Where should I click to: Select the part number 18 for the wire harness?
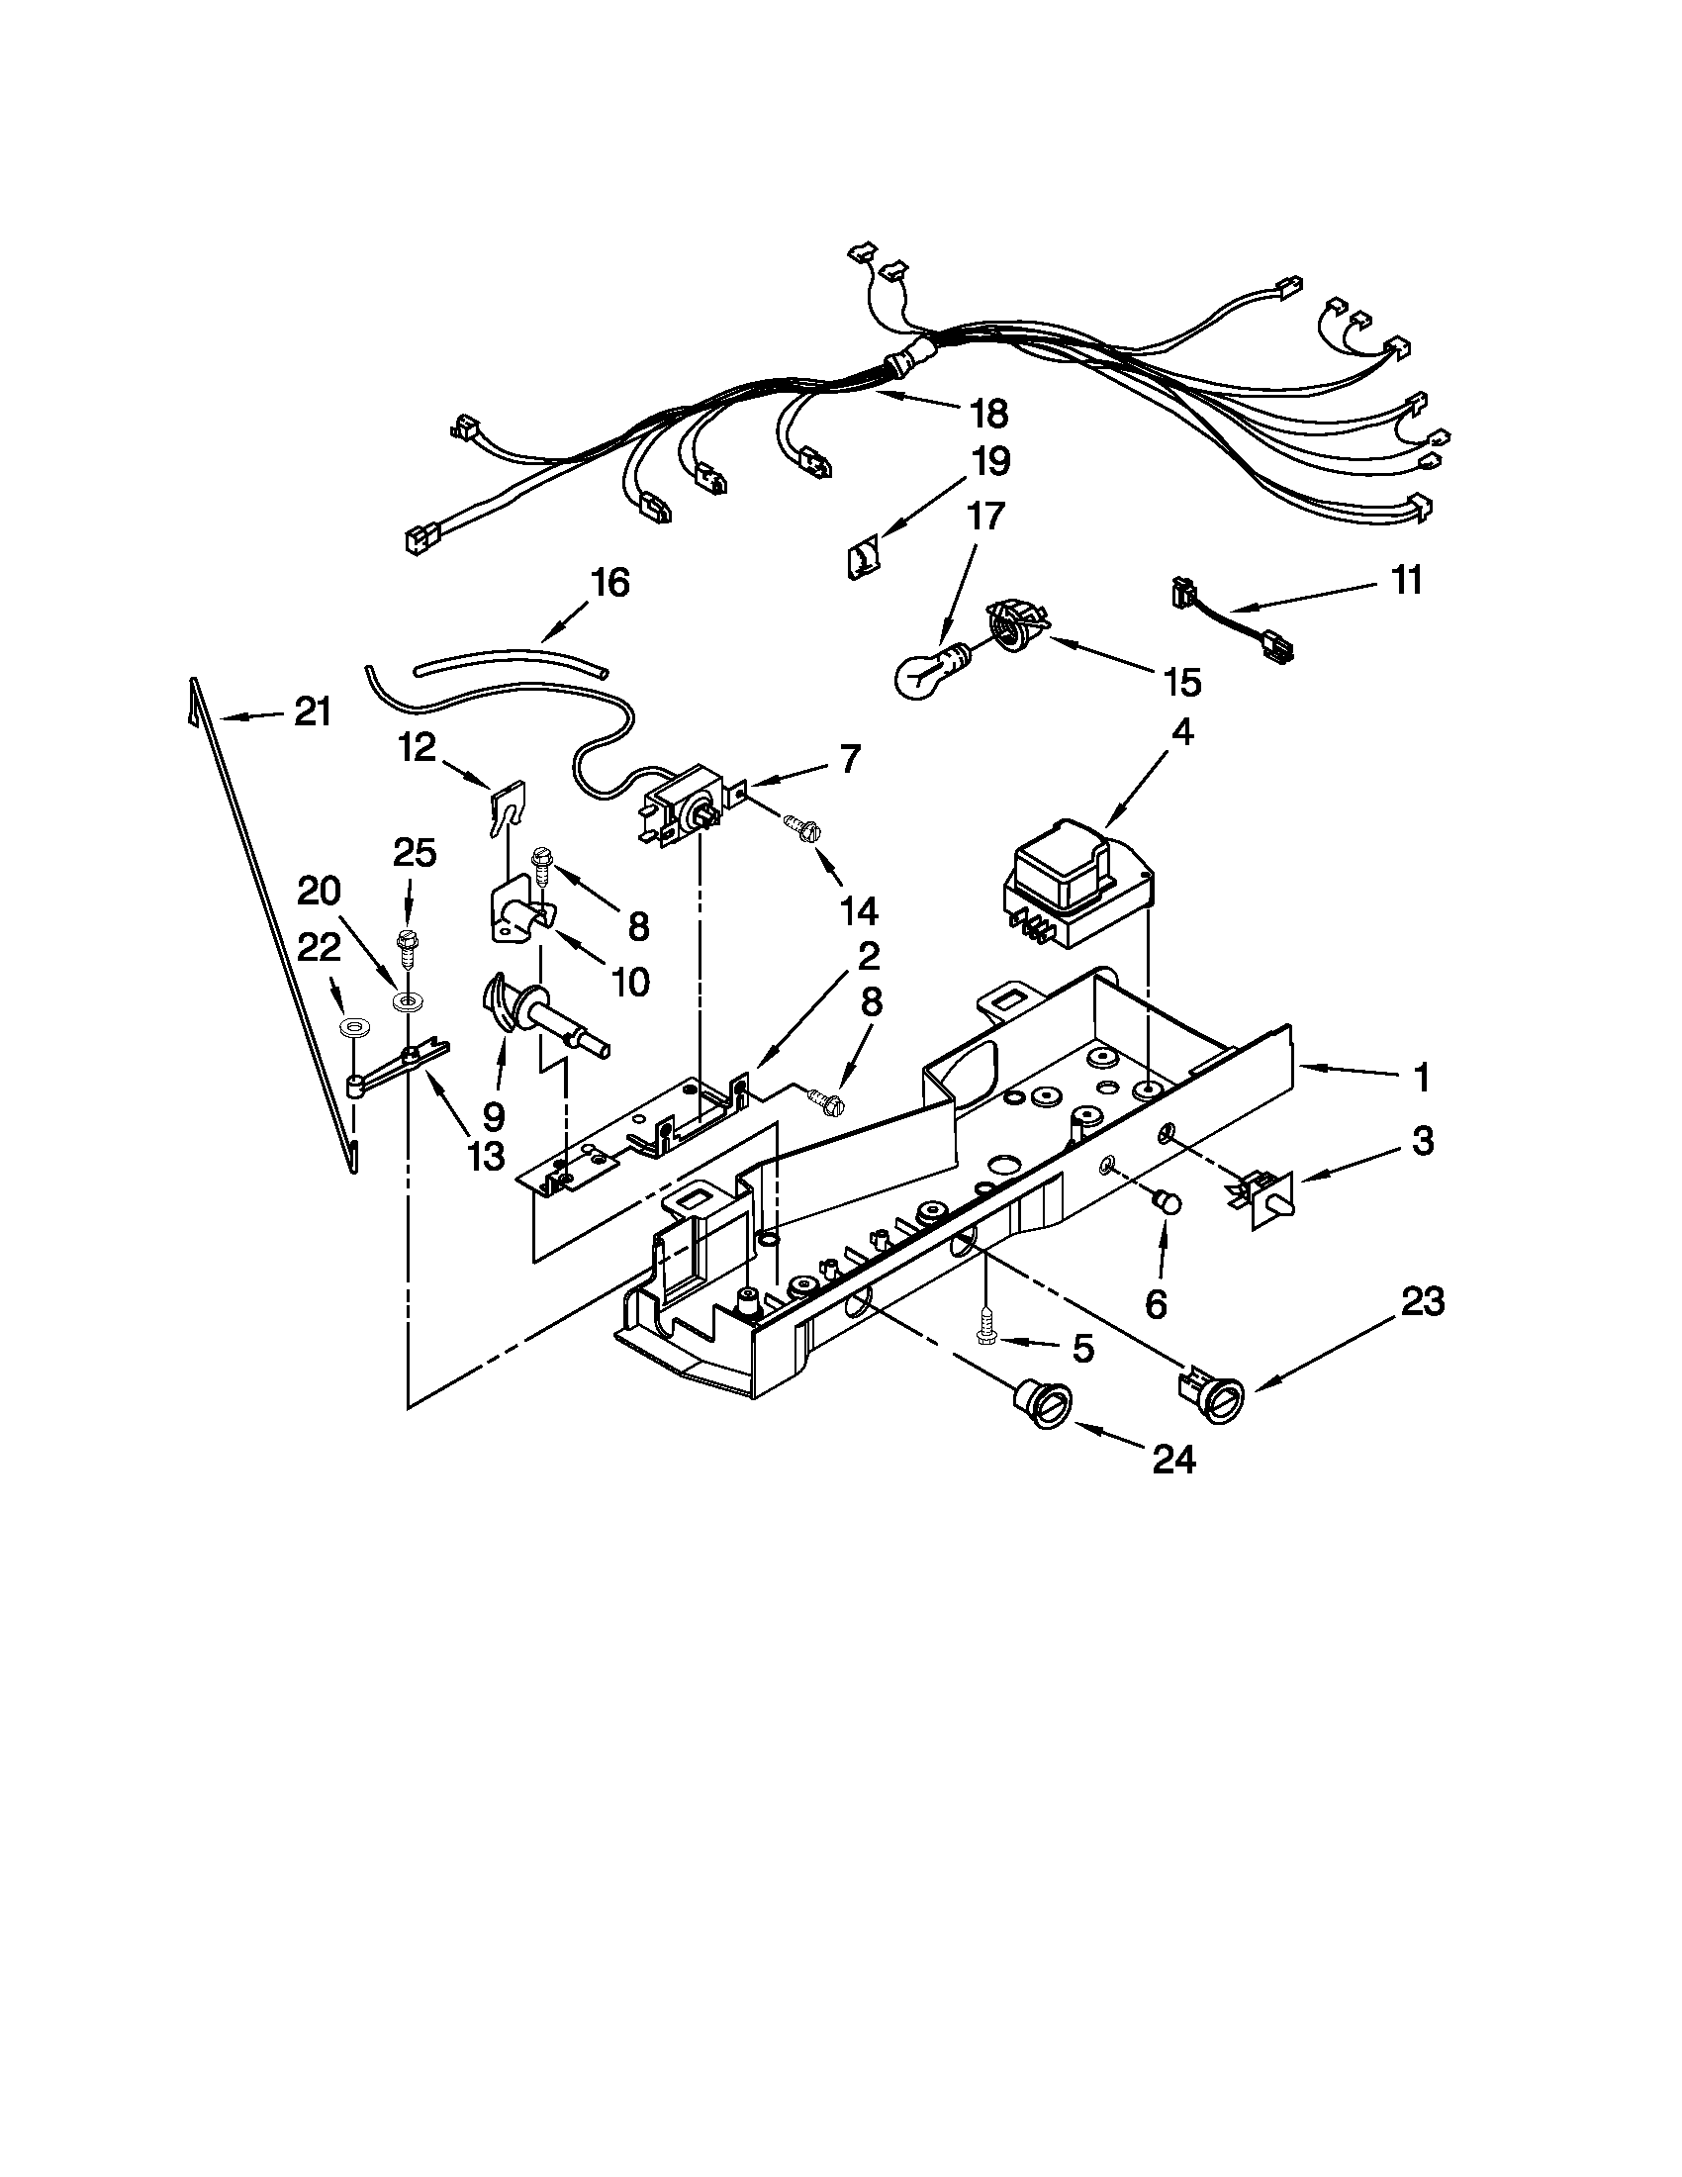click(985, 413)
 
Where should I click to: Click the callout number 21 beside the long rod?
click(312, 711)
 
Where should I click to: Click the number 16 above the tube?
click(609, 582)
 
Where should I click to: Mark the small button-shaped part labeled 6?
click(1168, 1204)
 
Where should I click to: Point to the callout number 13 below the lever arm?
click(485, 1155)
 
